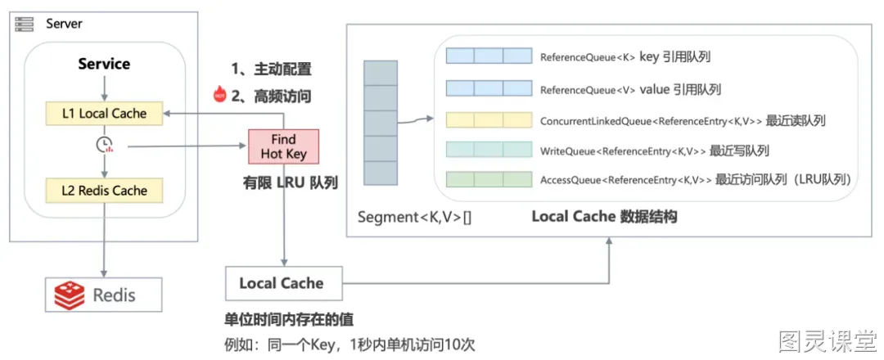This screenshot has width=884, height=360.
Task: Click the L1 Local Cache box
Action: coord(104,113)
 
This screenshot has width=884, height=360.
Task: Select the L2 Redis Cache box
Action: coord(104,191)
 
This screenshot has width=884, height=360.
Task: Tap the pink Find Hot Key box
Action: coord(283,146)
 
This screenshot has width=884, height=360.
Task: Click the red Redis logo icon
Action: coord(70,295)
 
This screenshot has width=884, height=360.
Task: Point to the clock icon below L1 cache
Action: coord(104,146)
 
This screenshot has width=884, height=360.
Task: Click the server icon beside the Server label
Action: coord(25,25)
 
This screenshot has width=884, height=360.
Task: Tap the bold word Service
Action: coord(104,64)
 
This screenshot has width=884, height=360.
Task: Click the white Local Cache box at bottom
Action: coord(283,283)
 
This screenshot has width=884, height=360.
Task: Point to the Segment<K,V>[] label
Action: coord(415,217)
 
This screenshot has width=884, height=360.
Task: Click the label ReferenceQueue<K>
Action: coord(588,57)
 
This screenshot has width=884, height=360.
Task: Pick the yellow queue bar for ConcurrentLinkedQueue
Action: coord(489,120)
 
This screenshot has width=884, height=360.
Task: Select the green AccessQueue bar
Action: coord(489,179)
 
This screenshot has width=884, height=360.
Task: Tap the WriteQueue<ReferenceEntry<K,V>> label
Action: coord(623,151)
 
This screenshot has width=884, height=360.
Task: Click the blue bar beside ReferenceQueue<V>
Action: coord(489,88)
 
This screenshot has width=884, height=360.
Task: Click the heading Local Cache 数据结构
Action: coord(604,217)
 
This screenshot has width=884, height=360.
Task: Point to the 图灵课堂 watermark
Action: coord(827,340)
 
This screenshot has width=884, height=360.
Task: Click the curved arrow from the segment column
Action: coord(416,119)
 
